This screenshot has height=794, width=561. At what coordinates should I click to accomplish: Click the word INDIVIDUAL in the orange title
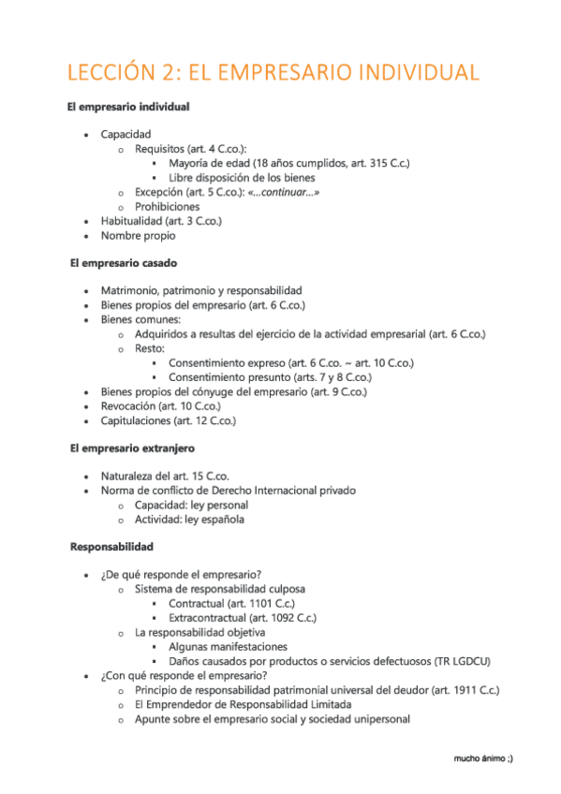point(406,73)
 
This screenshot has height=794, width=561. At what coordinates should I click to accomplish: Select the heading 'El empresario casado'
point(124,264)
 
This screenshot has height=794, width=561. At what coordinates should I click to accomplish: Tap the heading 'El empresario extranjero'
point(132,448)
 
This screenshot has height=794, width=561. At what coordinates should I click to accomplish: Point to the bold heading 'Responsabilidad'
point(111,546)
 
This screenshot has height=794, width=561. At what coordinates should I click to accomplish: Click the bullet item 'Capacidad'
point(125,134)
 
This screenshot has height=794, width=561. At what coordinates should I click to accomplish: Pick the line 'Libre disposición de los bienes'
point(242,177)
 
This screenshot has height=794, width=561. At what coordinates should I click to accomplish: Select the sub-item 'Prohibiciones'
point(167,206)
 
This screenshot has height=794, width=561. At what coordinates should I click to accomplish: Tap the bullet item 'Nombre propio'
point(138,235)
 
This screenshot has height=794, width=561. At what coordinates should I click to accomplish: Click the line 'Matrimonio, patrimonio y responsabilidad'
point(201,291)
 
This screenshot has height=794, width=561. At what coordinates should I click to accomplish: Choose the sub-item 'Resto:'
point(150,348)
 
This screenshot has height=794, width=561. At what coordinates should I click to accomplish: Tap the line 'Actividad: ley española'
point(189,520)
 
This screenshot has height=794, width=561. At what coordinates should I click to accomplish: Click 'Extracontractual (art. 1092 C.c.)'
point(243,618)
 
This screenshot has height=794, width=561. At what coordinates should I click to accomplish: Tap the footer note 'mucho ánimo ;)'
point(482,757)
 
